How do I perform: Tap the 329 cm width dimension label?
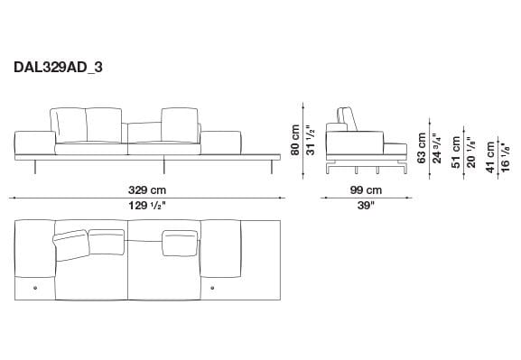click(147, 190)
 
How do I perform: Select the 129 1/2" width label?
click(147, 205)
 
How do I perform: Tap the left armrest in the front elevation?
click(34, 142)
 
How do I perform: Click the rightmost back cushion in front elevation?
click(179, 125)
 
